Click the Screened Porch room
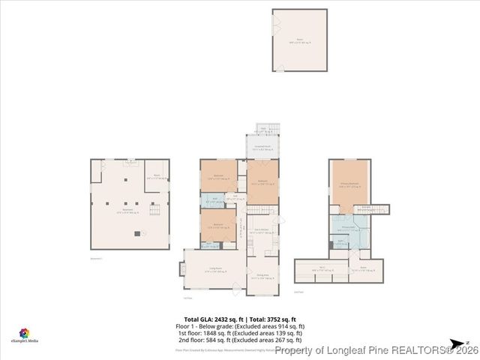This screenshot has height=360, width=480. coord(262,147)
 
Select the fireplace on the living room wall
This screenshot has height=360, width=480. coord(181,269)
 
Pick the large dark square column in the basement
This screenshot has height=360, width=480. coord(136,233)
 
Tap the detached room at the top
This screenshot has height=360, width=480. coord(299,40)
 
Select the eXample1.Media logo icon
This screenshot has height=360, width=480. coord(24,332)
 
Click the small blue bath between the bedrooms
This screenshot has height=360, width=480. coord(210,201)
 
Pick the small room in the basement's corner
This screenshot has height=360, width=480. coord(157,176)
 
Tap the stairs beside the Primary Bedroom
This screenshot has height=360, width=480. coord(373,209)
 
